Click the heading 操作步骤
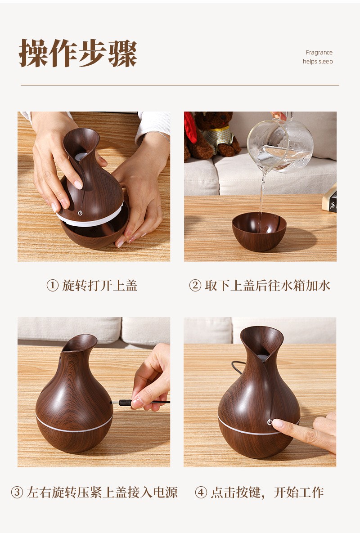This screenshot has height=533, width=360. [x=78, y=54]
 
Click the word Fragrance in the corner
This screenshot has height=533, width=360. [x=319, y=52]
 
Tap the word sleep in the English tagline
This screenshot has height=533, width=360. [x=326, y=62]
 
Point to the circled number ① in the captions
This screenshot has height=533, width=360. [x=52, y=286]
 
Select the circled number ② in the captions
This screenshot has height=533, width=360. [x=195, y=286]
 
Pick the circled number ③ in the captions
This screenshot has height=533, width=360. [x=17, y=492]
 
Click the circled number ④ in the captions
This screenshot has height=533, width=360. [x=201, y=492]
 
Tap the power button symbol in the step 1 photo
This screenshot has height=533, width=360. [x=80, y=213]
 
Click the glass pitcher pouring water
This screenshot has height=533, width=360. [x=280, y=143]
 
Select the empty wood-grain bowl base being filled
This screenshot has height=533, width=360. [x=259, y=232]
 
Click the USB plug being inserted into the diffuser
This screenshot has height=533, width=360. [x=125, y=403]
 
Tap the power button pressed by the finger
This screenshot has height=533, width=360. [x=270, y=422]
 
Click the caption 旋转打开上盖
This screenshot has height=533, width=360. [x=99, y=286]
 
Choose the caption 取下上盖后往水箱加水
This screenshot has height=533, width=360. [x=268, y=286]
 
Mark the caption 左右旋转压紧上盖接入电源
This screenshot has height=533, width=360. [x=102, y=492]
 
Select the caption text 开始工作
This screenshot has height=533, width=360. [x=299, y=492]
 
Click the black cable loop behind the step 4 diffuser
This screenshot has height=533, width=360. [x=237, y=367]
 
